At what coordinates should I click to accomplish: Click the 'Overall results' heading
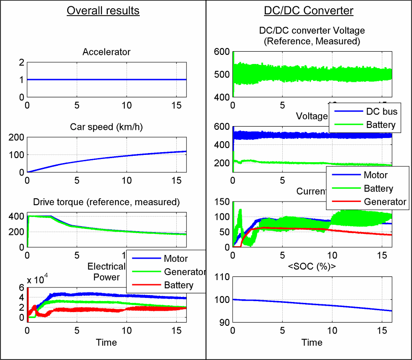pos(103,11)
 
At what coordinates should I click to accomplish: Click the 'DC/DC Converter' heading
pos(309,11)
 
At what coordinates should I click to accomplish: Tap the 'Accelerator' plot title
pos(106,52)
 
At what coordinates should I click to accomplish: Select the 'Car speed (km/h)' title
pos(106,127)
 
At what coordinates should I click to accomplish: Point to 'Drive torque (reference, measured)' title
pos(106,202)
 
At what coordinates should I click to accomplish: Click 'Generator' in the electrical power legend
pos(185,272)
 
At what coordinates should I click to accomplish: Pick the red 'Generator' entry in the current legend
pos(385,201)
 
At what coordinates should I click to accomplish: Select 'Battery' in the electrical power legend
pos(179,285)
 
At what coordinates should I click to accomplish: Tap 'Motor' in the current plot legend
pos(375,175)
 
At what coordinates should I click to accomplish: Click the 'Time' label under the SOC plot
pos(312,342)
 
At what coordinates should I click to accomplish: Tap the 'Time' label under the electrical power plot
pos(106,342)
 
